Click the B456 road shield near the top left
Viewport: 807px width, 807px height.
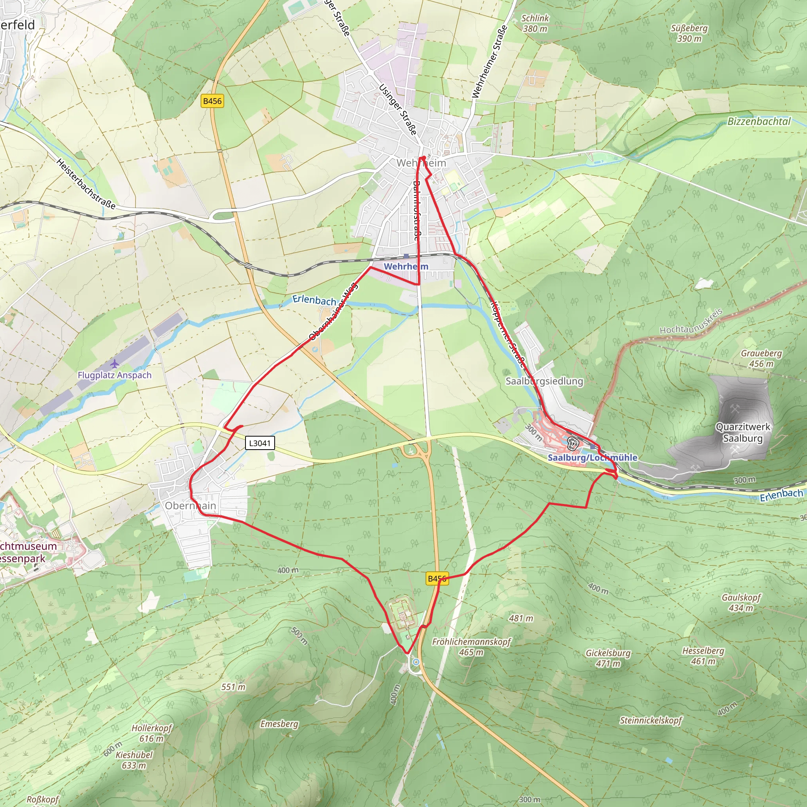(x=212, y=101)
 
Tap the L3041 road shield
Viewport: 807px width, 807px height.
(x=260, y=443)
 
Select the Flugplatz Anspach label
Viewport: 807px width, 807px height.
(x=114, y=375)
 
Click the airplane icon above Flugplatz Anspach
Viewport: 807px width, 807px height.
(x=114, y=364)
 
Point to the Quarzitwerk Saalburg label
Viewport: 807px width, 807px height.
(x=743, y=432)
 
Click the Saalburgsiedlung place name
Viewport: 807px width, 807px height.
(x=544, y=381)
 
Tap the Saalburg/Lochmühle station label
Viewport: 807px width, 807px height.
(x=592, y=457)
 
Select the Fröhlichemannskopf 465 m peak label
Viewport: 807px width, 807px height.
(x=471, y=647)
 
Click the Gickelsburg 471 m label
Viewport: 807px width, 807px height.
(x=608, y=658)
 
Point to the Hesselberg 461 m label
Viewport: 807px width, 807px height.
(x=703, y=656)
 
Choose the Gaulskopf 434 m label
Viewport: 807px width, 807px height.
(x=741, y=602)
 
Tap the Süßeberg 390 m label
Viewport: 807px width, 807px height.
(x=689, y=33)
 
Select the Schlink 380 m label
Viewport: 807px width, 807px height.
(x=535, y=23)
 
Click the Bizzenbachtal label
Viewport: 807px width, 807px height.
(x=759, y=121)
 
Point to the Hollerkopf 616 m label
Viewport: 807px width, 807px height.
(x=152, y=733)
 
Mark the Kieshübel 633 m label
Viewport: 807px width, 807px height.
(x=134, y=760)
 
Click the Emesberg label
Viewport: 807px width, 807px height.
(x=279, y=724)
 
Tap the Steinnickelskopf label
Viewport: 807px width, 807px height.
(x=651, y=720)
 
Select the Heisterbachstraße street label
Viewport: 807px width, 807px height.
(x=85, y=184)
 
